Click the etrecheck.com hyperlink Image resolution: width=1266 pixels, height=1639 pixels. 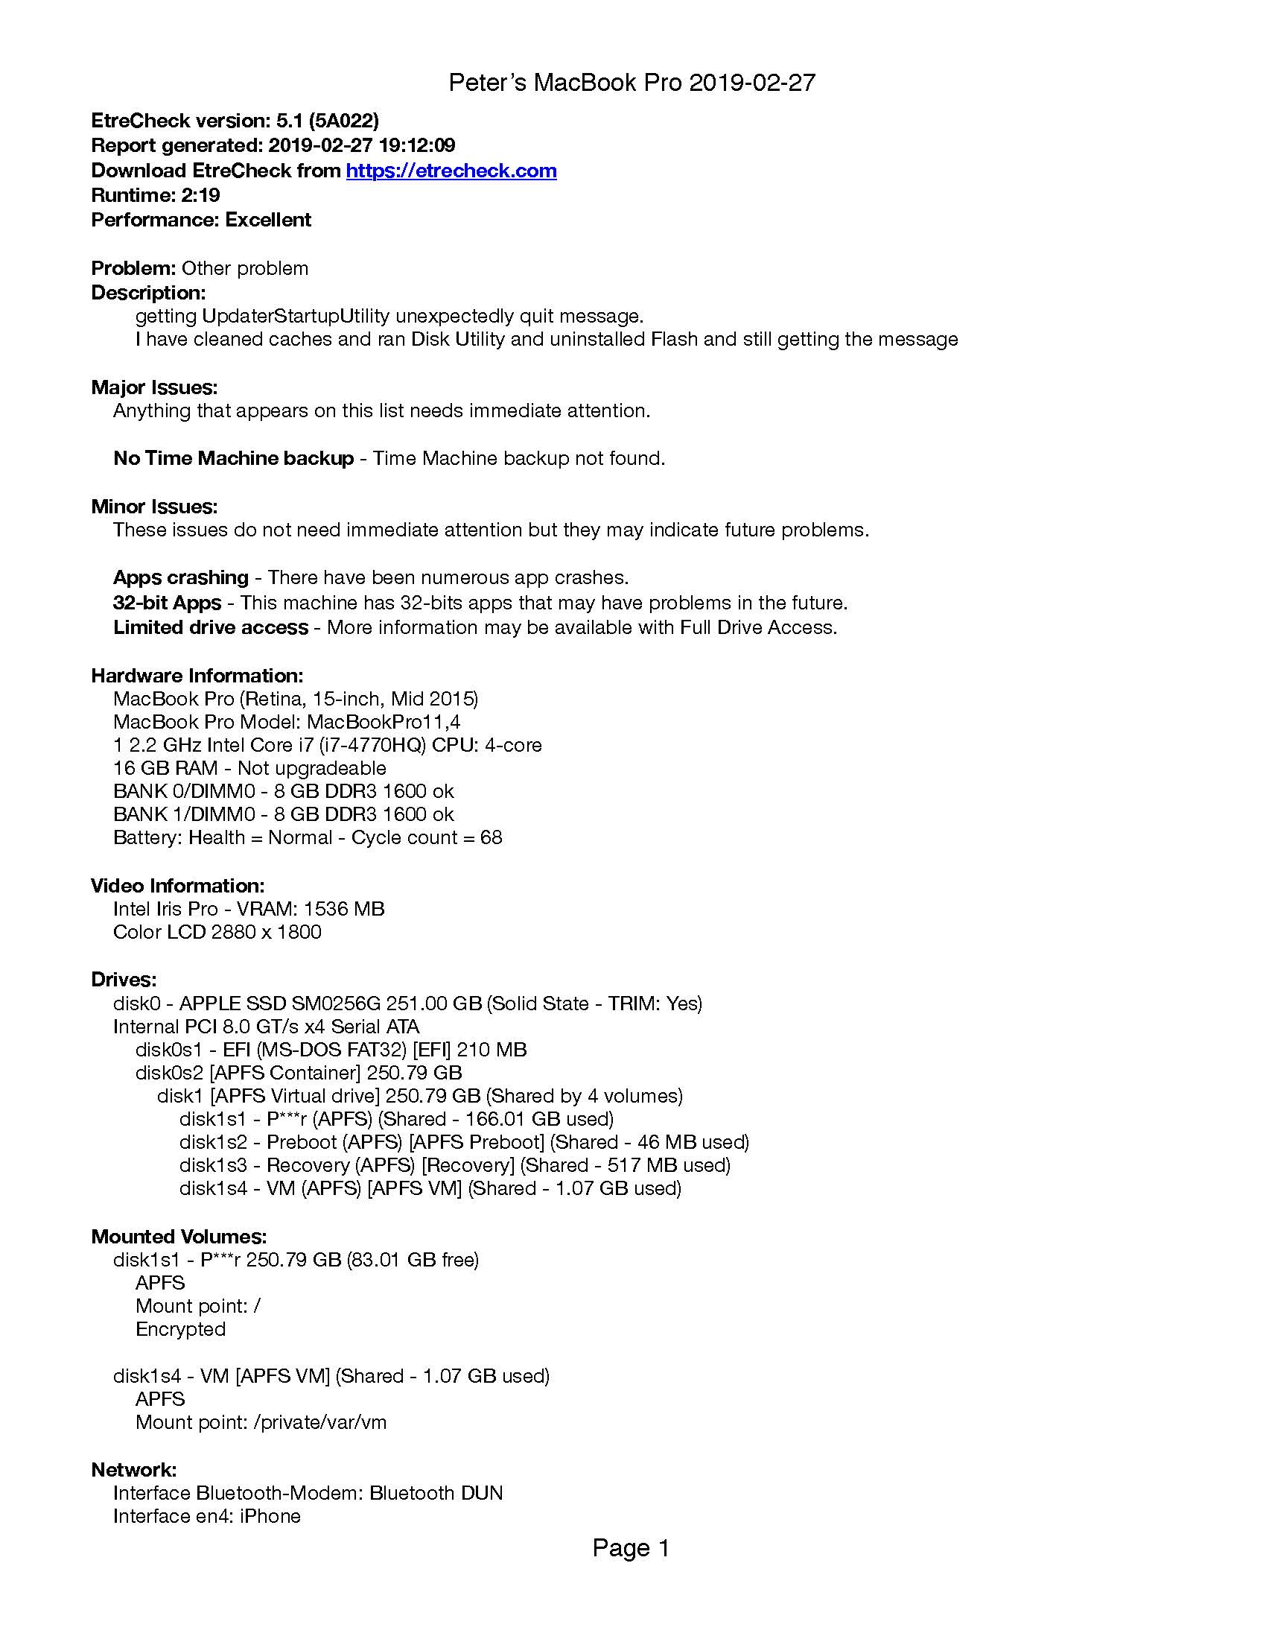pyautogui.click(x=451, y=171)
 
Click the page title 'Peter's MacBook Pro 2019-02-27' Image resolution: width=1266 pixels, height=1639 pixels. pyautogui.click(x=632, y=83)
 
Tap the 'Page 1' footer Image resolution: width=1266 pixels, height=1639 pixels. pyautogui.click(x=631, y=1547)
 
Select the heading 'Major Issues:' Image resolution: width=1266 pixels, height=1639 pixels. pyautogui.click(x=154, y=387)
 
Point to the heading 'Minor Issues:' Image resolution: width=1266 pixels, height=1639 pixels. pyautogui.click(x=154, y=507)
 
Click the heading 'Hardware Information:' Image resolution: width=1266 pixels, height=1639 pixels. pyautogui.click(x=197, y=676)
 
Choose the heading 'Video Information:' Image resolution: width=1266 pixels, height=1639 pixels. pyautogui.click(x=178, y=886)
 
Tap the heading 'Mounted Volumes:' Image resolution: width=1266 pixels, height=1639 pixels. pyautogui.click(x=179, y=1236)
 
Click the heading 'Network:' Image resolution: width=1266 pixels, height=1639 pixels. pyautogui.click(x=134, y=1469)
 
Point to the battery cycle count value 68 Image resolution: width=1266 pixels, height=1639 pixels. pyautogui.click(x=492, y=837)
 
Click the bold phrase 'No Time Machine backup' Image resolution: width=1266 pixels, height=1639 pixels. pyautogui.click(x=233, y=457)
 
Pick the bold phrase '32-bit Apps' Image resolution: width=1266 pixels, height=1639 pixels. pyautogui.click(x=168, y=603)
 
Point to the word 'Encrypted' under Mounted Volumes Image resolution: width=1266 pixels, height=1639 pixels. pyautogui.click(x=181, y=1329)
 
